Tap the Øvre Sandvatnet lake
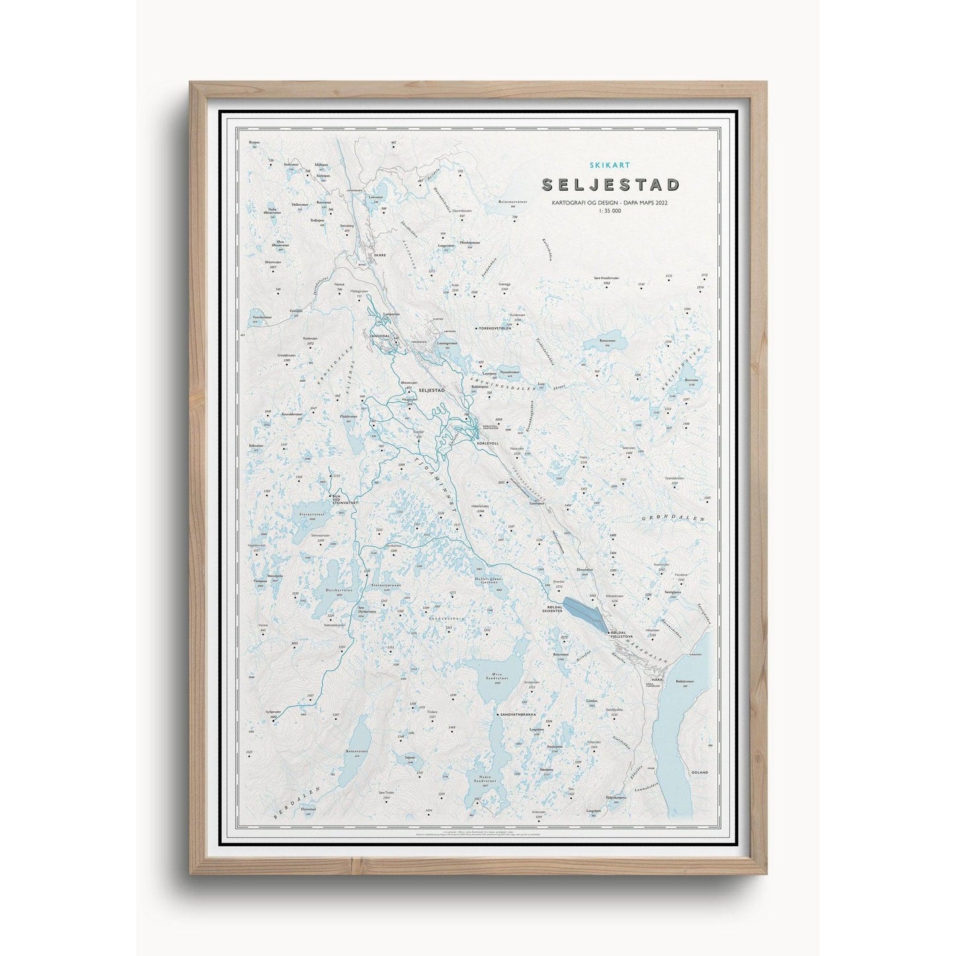tap(498, 680)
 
